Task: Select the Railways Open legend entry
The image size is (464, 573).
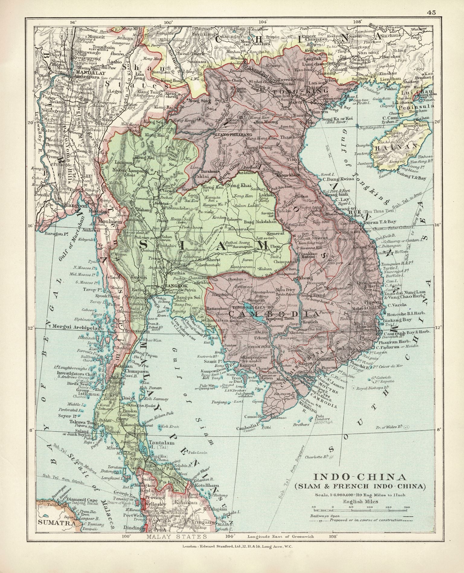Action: coord(321,516)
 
